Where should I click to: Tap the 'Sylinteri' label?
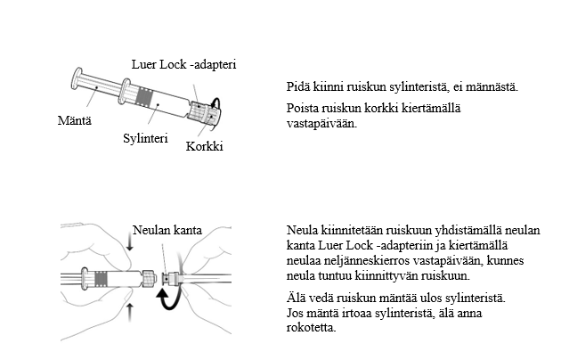coord(145,139)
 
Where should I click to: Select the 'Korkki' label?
coord(204,146)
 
